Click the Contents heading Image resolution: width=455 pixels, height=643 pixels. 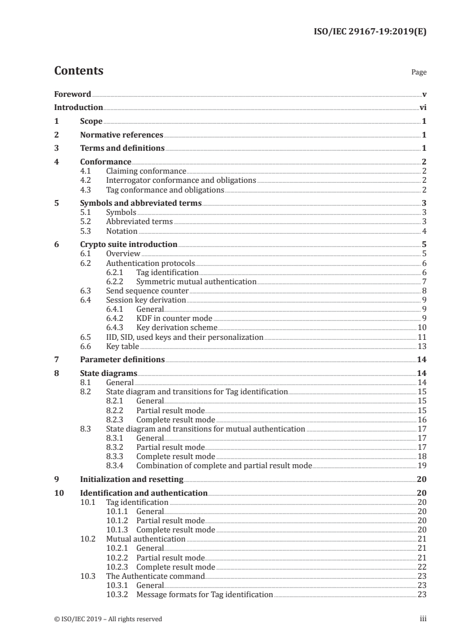point(79,71)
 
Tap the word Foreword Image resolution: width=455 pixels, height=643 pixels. point(72,94)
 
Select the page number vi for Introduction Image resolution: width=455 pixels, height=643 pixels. point(422,107)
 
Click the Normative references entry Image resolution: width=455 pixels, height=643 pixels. point(122,135)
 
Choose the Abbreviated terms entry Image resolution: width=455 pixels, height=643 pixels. point(139,222)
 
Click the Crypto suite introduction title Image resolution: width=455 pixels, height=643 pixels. point(129,244)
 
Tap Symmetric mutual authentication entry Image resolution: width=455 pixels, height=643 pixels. point(196,281)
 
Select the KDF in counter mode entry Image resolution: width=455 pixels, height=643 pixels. point(174,318)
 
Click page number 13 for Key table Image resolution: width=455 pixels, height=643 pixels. point(422,346)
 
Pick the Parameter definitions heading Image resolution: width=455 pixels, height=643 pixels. point(122,359)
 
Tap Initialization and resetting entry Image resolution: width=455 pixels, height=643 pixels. point(131,479)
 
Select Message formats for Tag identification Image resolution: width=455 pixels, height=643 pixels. point(204,594)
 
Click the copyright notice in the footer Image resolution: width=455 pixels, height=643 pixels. point(108,619)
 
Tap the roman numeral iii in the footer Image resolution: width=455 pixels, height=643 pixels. point(423,619)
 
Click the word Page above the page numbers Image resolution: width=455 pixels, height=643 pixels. point(419,73)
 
